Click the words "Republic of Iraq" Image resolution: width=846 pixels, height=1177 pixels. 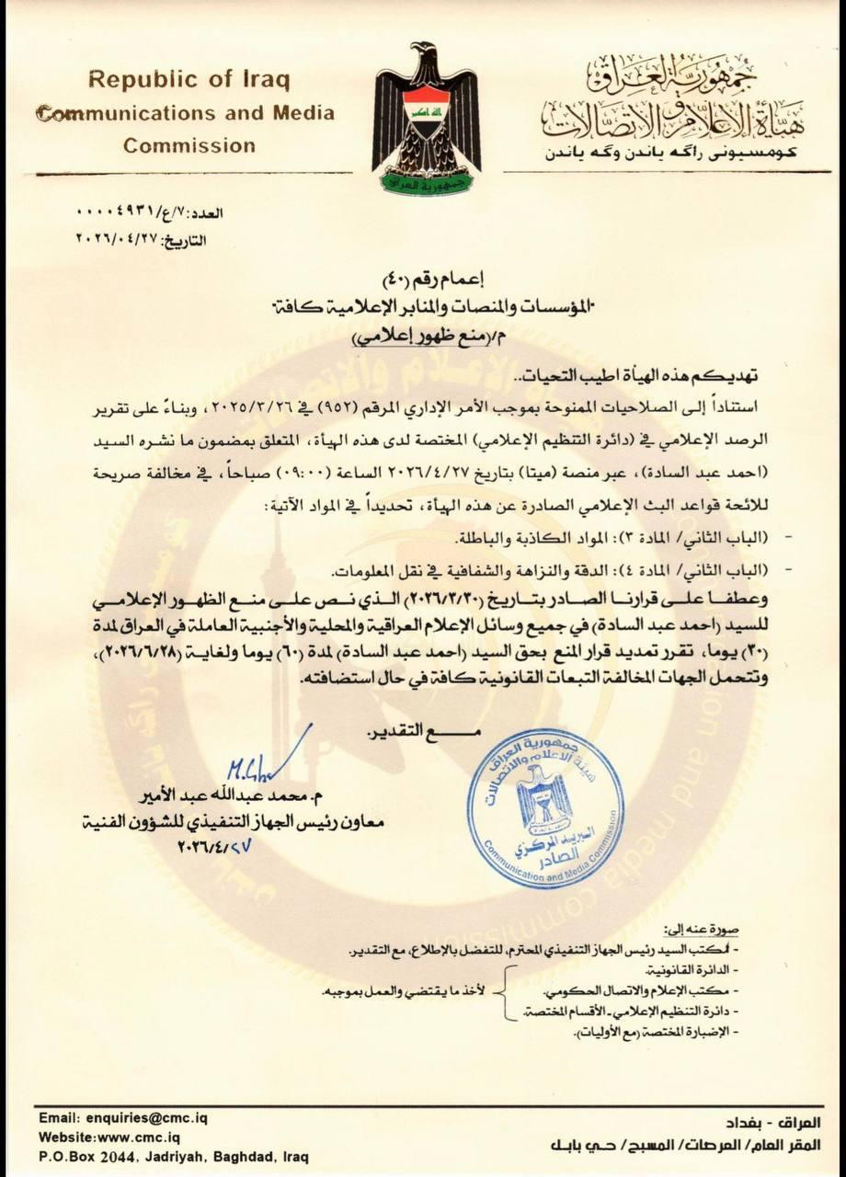pyautogui.click(x=189, y=79)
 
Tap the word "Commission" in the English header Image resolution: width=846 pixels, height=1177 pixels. pyautogui.click(x=189, y=145)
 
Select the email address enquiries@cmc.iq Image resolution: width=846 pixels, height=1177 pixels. pyautogui.click(x=126, y=1117)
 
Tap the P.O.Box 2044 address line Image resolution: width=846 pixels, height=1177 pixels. pyautogui.click(x=174, y=1156)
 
